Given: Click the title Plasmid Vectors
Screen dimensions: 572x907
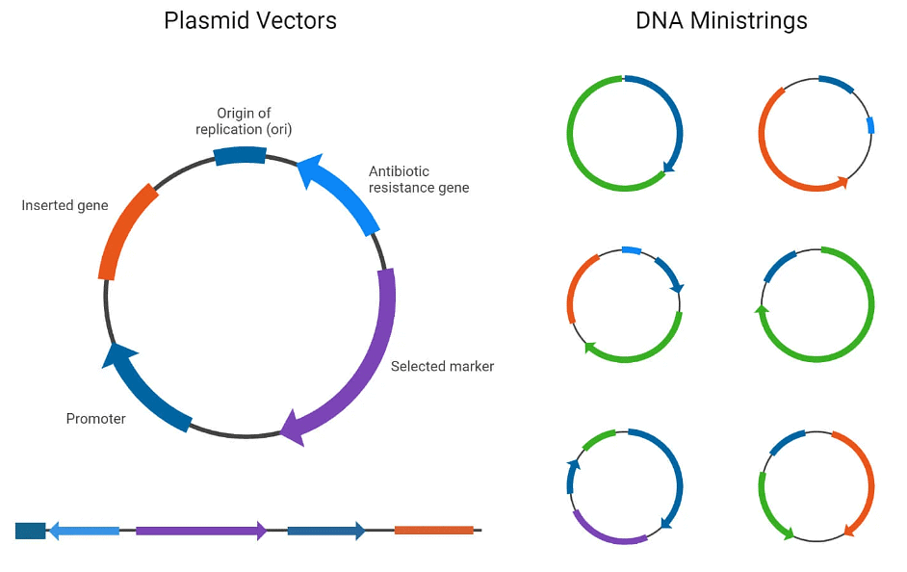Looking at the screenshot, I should pyautogui.click(x=250, y=20).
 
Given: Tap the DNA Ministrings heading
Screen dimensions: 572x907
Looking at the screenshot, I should pyautogui.click(x=721, y=20).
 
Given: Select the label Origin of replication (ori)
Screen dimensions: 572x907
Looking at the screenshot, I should pyautogui.click(x=244, y=121).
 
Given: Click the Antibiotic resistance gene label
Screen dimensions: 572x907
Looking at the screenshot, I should pyautogui.click(x=419, y=179).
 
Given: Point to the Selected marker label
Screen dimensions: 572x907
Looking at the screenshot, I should pyautogui.click(x=442, y=366).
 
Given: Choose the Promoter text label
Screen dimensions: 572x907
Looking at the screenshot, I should pyautogui.click(x=95, y=419).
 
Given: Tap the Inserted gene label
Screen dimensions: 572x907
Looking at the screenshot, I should pyautogui.click(x=65, y=205).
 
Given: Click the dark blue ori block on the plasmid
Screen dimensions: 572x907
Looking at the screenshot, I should pyautogui.click(x=240, y=155).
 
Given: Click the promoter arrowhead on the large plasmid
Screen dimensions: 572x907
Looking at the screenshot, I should pyautogui.click(x=116, y=355).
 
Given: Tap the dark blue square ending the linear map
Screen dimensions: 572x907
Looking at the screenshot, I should pyautogui.click(x=30, y=531).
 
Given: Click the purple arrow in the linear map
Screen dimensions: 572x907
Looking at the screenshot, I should pyautogui.click(x=200, y=531).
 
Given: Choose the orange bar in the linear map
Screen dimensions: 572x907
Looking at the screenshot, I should pyautogui.click(x=433, y=530).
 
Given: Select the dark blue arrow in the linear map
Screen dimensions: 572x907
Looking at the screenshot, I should pyautogui.click(x=325, y=531).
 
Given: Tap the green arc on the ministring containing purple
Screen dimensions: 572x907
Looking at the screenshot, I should pyautogui.click(x=600, y=438).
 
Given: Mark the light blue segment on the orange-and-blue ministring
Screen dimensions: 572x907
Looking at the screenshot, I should pyautogui.click(x=870, y=125).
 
